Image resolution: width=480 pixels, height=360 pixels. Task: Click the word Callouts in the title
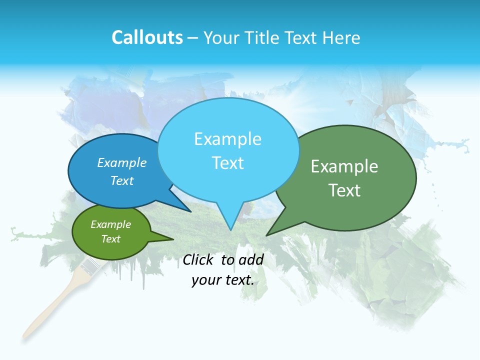click(x=147, y=37)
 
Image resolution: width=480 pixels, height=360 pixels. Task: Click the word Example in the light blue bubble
click(x=227, y=139)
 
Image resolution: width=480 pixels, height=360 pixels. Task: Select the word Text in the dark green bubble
click(x=344, y=190)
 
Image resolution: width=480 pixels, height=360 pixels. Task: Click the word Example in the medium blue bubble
click(x=122, y=162)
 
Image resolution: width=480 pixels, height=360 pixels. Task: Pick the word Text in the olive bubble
click(x=111, y=239)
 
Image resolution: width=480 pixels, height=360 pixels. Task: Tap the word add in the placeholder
click(x=250, y=259)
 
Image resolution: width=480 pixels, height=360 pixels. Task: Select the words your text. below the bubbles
click(x=223, y=280)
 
